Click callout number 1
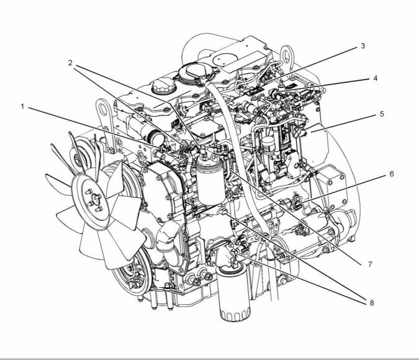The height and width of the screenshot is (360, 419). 22,107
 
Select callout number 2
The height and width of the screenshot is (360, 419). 70,63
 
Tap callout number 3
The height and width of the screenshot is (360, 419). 363,46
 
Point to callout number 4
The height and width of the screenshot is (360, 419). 375,78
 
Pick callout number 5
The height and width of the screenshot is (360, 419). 382,114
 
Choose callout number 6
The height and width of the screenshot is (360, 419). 392,174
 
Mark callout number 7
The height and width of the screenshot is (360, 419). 370,264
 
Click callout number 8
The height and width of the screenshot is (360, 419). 372,303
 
